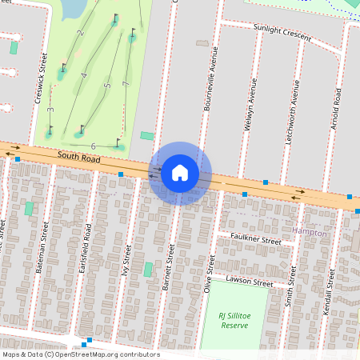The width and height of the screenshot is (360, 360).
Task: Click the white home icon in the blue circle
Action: pyautogui.click(x=180, y=173)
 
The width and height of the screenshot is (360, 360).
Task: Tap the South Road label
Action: pyautogui.click(x=78, y=158)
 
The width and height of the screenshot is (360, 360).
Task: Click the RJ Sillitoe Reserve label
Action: pyautogui.click(x=234, y=321)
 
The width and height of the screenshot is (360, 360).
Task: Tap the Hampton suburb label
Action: pyautogui.click(x=310, y=232)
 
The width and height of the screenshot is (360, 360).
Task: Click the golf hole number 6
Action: pyautogui.click(x=94, y=146)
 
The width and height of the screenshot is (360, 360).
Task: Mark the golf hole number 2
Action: pyautogui.click(x=81, y=33)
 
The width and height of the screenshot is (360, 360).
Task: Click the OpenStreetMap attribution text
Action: pyautogui.click(x=80, y=354)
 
